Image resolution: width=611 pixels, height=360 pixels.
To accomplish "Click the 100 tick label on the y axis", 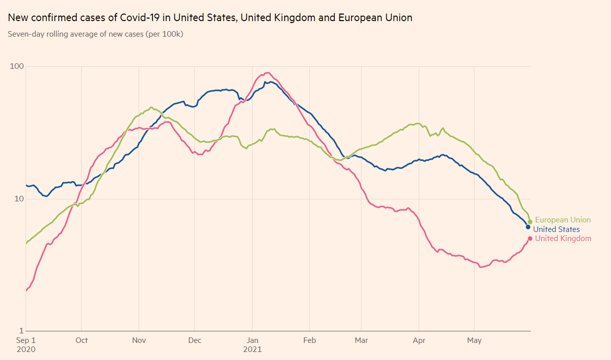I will point(18,66).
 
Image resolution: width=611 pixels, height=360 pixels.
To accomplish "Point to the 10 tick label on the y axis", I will point(20,199).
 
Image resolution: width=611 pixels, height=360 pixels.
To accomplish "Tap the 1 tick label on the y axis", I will point(22,331).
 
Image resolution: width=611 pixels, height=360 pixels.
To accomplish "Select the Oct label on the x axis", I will point(81,340).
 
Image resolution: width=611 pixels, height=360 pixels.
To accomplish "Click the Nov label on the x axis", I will point(139,340).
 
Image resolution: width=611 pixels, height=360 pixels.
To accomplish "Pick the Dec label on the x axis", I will point(195,340).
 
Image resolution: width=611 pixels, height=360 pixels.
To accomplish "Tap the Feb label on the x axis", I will point(310,340).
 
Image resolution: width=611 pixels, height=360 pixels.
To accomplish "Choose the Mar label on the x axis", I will point(361,340).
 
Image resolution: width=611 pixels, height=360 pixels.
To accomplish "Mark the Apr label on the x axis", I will point(419,340).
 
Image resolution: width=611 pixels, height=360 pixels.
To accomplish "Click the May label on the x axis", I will point(474,340).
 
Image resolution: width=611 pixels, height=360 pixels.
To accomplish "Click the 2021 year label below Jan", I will point(252,349).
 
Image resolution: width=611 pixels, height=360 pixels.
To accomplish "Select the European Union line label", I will point(563,220).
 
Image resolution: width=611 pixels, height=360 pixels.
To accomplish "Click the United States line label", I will point(556,229).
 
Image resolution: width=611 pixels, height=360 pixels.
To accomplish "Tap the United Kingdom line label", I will point(563,238).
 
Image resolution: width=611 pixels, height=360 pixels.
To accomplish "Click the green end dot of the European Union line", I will point(530,221).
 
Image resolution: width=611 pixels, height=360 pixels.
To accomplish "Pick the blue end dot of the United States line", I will point(528,227).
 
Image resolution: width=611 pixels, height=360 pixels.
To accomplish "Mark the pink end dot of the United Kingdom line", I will point(530,238).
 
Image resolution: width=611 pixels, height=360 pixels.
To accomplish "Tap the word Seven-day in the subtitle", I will point(26,34).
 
